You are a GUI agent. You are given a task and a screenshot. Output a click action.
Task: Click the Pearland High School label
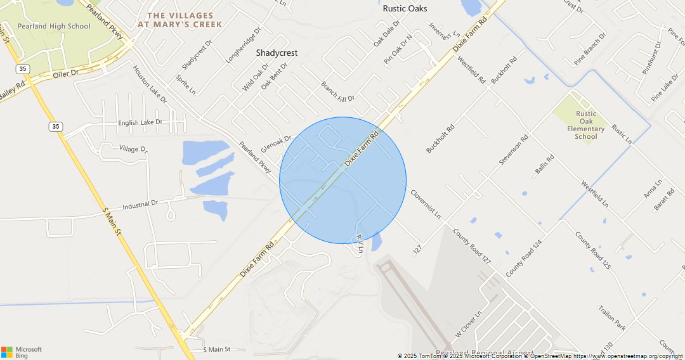click(54, 26)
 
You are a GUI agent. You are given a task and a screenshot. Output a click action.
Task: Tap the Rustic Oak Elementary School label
click(585, 125)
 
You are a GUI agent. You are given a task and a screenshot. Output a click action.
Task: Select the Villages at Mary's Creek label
click(179, 20)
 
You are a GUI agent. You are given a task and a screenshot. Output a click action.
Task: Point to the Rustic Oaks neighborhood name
click(405, 9)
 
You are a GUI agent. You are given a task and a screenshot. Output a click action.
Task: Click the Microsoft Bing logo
click(22, 352)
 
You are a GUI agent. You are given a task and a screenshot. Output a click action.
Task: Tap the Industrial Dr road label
click(140, 205)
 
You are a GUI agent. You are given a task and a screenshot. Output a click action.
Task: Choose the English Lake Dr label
click(140, 122)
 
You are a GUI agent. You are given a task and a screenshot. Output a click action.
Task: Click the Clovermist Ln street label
click(426, 203)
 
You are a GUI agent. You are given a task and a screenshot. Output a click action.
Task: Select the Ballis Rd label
click(544, 164)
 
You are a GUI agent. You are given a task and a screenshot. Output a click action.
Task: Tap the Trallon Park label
click(611, 318)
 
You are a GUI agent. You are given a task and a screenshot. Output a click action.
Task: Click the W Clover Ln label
click(469, 324)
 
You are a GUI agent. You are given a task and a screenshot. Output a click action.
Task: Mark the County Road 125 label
click(592, 251)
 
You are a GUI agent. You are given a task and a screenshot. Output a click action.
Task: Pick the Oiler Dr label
click(65, 74)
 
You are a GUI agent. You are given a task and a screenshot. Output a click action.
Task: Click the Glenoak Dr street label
click(276, 143)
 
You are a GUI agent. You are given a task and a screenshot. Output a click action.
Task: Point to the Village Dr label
click(133, 149)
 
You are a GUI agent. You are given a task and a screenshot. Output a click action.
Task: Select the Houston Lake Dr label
click(150, 84)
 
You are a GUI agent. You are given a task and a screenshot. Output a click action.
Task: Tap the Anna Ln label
click(653, 188)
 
